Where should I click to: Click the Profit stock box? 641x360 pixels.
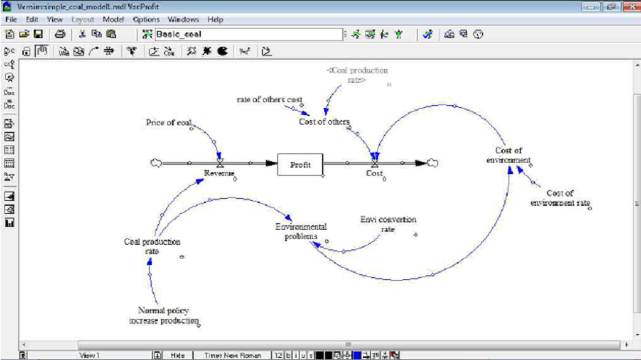300,165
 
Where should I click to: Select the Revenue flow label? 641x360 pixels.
219,174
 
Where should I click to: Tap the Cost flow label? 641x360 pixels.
375,174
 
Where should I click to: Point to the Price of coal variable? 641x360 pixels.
169,122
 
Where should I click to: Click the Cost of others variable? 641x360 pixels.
323,121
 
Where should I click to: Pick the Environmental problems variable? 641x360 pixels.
301,231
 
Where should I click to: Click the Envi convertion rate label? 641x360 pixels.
387,224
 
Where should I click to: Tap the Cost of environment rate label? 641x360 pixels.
560,197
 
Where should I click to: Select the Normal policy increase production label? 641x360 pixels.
163,315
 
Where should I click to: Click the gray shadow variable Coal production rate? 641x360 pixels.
357,75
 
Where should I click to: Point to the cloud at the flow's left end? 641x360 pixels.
155,163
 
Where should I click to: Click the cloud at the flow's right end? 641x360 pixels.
431,163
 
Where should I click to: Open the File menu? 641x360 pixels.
11,19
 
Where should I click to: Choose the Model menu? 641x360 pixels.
113,19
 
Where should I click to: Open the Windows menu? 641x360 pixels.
183,19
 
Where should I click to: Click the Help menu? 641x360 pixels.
215,19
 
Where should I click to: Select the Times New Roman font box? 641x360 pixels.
233,355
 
